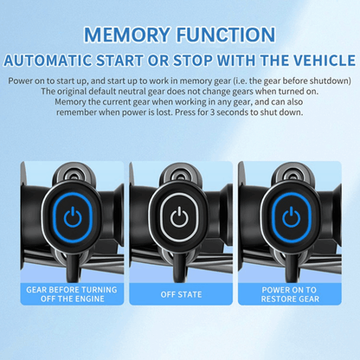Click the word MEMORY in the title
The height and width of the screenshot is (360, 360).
tap(126, 35)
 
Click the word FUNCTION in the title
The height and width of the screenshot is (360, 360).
tap(226, 35)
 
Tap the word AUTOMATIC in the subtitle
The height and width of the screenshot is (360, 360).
tap(48, 61)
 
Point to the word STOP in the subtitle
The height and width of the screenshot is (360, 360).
tap(192, 61)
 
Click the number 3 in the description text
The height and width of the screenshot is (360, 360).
tap(212, 112)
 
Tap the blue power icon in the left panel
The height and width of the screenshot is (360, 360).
tap(73, 217)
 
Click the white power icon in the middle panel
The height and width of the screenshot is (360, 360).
tap(179, 217)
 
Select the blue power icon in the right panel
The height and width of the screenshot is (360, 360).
tap(292, 217)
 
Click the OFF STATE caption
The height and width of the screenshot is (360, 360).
tap(181, 294)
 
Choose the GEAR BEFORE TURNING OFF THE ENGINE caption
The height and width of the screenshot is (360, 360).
tap(72, 294)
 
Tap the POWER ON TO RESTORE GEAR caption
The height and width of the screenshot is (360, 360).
tap(290, 294)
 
